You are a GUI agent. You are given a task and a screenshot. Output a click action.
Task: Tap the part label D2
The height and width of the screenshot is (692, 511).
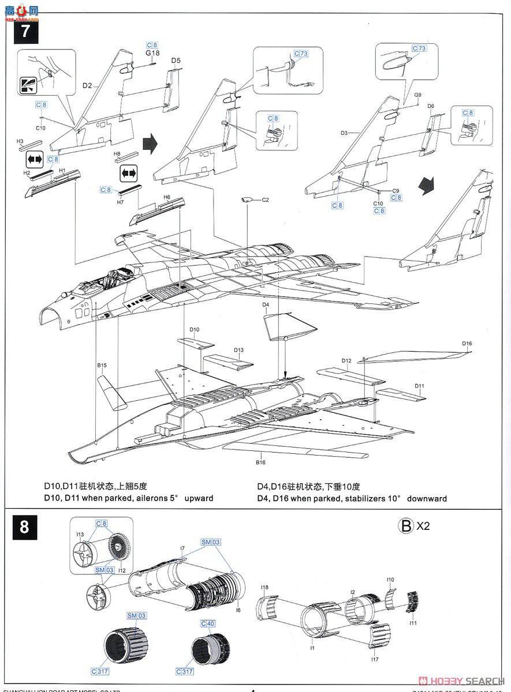87,85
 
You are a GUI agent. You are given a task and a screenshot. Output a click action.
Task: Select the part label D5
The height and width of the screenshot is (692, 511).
176,61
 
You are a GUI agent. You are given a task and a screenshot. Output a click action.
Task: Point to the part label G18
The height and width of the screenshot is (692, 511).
152,53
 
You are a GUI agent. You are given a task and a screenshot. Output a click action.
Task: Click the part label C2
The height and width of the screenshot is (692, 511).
266,200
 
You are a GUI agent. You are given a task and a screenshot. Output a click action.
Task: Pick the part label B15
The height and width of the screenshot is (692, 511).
102,365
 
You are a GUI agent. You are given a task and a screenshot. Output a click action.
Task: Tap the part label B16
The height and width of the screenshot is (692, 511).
260,462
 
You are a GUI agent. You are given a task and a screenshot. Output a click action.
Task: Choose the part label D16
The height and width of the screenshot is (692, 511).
467,344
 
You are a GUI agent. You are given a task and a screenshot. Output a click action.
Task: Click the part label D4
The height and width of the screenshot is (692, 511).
266,304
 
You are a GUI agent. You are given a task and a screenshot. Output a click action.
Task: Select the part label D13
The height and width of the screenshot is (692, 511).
238,350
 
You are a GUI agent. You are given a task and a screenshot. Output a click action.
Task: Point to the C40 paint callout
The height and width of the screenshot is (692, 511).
208,624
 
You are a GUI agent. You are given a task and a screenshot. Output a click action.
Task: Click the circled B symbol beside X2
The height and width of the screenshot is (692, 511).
406,525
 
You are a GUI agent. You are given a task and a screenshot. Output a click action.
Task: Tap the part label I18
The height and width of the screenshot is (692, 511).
264,588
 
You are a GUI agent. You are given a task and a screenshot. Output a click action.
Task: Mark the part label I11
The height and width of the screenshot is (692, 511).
412,623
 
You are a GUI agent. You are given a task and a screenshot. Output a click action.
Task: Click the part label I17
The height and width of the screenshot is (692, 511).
376,660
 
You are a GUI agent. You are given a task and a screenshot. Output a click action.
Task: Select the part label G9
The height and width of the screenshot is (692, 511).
417,95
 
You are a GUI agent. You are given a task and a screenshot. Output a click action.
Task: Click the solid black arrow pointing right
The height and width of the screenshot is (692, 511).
150,144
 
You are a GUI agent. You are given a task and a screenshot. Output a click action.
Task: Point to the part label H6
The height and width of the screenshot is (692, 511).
167,197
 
